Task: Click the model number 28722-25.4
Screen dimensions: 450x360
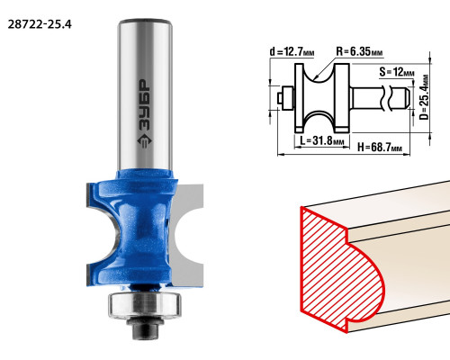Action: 40,24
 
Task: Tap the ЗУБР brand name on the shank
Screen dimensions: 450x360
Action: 145,104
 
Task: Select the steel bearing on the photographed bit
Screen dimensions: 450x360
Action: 145,303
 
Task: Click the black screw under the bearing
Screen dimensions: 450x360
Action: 145,328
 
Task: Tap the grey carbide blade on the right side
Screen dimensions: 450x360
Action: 187,235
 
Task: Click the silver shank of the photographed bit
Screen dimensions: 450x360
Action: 145,95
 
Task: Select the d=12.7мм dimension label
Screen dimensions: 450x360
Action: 292,52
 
